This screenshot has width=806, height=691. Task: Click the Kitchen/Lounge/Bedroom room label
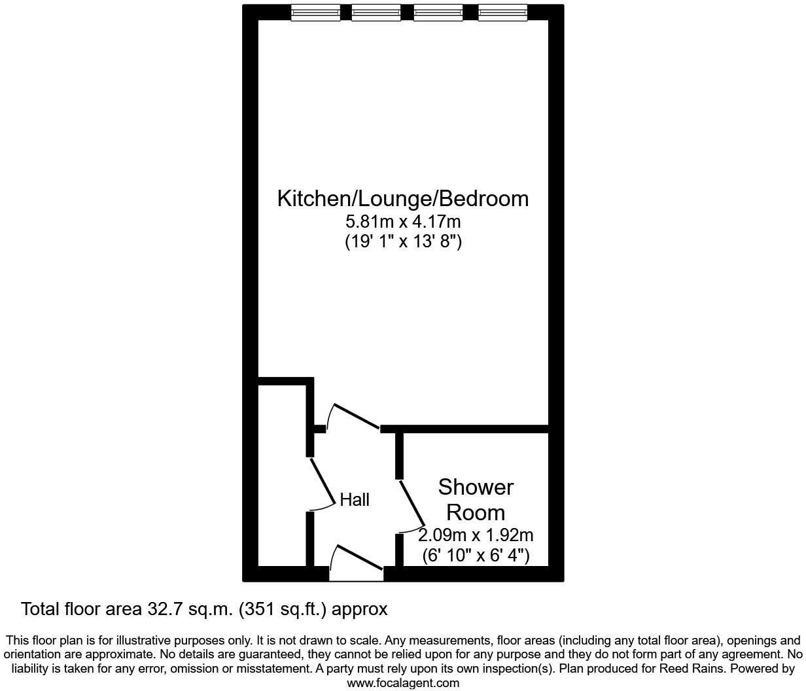402,198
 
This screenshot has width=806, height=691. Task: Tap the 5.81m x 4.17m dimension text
403,222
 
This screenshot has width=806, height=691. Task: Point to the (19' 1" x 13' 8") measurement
403,241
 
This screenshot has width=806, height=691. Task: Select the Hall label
355,500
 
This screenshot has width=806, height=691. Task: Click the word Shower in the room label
476,487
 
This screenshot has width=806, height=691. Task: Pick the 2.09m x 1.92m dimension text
476,535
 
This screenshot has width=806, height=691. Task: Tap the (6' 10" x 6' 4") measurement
476,556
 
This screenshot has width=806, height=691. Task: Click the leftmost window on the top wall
315,12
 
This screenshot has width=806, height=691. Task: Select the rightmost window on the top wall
502,12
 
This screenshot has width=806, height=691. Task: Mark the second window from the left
376,12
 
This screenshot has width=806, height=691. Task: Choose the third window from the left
438,12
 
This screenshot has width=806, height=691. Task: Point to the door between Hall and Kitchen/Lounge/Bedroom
357,418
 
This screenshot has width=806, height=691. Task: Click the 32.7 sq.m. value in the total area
187,609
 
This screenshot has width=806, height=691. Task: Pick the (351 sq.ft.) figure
283,609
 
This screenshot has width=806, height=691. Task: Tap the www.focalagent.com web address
403,683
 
